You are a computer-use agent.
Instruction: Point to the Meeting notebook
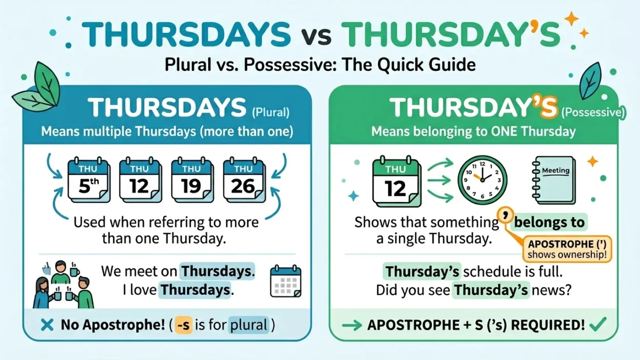click(x=553, y=180)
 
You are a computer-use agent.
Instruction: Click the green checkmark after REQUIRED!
click(x=598, y=324)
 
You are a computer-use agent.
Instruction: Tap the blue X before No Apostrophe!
click(x=47, y=325)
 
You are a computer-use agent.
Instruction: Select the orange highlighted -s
click(x=183, y=325)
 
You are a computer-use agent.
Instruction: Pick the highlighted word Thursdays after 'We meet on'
click(x=217, y=271)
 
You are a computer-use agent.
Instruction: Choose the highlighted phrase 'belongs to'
click(x=549, y=222)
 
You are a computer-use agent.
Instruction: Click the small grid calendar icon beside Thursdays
click(x=286, y=281)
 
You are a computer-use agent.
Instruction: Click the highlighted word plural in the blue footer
click(x=249, y=325)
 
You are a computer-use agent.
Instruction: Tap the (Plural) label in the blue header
click(x=271, y=111)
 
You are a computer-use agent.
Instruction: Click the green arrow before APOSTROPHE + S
click(x=352, y=325)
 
